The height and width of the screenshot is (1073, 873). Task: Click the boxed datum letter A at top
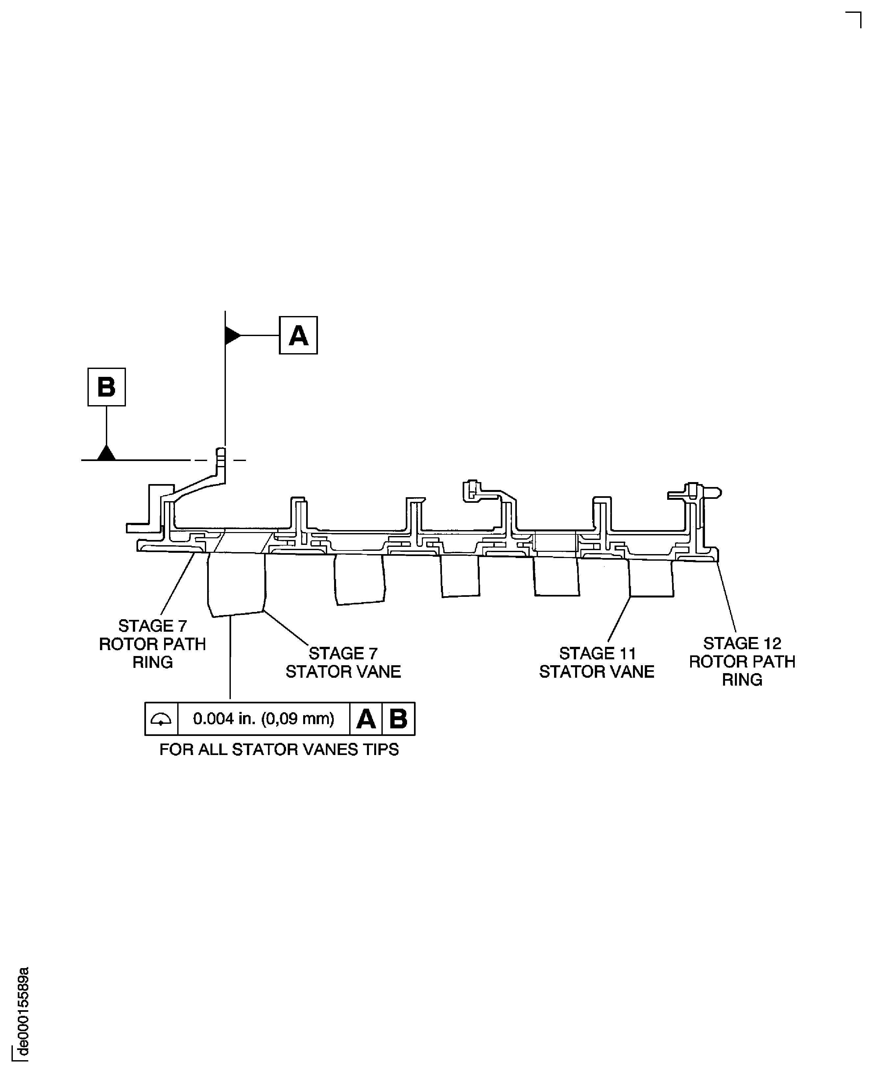[298, 335]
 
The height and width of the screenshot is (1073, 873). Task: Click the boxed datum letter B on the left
[107, 387]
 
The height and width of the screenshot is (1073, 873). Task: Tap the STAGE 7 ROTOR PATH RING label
[152, 644]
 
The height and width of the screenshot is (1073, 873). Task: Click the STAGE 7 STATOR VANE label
[343, 663]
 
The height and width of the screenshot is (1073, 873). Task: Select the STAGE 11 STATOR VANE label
[597, 663]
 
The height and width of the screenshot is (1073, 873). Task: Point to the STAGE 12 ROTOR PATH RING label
[742, 662]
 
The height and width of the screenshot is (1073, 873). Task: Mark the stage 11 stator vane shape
[651, 578]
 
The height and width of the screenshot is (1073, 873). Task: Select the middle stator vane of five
[460, 576]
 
